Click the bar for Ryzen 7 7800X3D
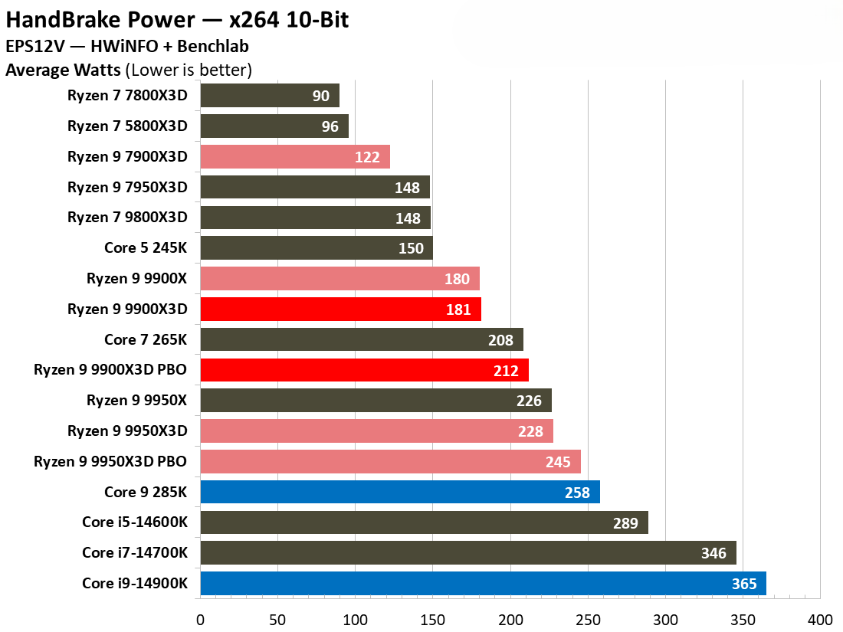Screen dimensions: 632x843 (269, 96)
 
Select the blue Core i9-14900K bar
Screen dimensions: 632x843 (483, 584)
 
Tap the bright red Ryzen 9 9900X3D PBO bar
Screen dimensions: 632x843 (364, 371)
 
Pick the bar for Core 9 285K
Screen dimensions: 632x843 (399, 493)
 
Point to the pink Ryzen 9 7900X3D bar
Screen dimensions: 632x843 (295, 157)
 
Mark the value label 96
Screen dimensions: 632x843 (330, 126)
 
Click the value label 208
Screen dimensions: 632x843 (500, 340)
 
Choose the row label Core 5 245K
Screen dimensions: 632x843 (146, 248)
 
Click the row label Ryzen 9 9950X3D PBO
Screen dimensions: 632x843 (110, 462)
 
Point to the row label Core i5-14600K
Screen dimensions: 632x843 (134, 523)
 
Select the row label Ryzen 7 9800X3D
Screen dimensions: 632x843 (127, 218)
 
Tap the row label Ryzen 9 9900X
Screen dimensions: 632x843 (136, 279)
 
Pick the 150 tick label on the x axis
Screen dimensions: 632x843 (433, 618)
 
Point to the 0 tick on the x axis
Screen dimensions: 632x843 (201, 618)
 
